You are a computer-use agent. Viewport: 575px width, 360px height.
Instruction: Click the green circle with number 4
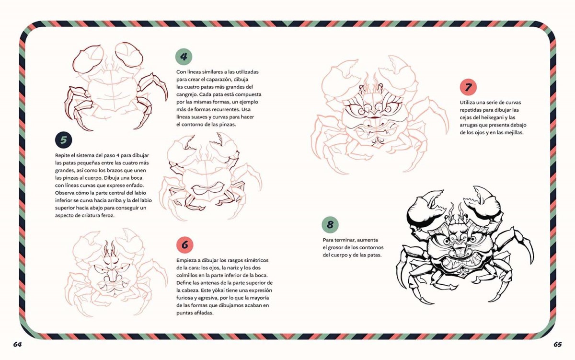point(184,57)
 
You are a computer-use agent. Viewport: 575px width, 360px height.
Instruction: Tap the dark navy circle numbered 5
point(63,140)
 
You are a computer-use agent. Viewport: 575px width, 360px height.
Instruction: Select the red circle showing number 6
point(185,244)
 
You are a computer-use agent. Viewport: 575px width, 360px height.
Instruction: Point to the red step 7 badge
point(468,87)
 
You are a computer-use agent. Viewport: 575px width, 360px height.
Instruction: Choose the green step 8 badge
point(330,225)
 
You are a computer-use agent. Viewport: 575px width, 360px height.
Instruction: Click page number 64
point(17,344)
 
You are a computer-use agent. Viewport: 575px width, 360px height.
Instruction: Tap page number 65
point(558,344)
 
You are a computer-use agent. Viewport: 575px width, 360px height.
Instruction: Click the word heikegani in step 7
point(492,117)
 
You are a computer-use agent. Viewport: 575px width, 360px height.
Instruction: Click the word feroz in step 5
point(107,215)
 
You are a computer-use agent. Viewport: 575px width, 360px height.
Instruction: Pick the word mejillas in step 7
point(512,133)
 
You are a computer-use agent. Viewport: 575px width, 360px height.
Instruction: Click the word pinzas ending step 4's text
point(228,125)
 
